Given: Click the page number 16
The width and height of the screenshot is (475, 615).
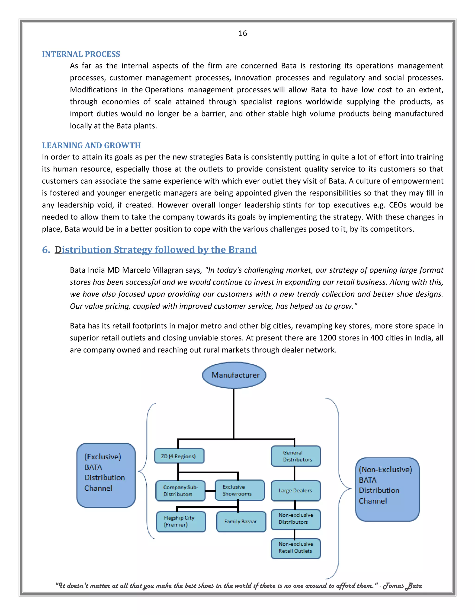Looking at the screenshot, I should [x=243, y=33].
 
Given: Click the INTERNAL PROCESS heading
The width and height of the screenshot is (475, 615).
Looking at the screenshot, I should [x=81, y=54].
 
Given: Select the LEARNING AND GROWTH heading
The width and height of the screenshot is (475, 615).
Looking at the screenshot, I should [x=91, y=145].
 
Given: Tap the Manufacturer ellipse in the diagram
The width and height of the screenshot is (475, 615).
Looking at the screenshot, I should [x=234, y=375].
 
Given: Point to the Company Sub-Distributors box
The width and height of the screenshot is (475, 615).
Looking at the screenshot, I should [x=180, y=491].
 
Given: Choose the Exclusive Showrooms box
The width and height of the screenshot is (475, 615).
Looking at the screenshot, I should [x=239, y=490].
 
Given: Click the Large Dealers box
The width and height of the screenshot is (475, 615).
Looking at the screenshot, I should [x=295, y=491].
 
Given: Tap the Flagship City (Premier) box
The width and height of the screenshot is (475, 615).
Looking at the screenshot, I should [x=181, y=521].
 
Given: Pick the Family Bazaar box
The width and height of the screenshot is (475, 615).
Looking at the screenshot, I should [x=241, y=521].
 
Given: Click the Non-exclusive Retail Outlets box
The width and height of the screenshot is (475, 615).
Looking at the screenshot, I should [x=295, y=547].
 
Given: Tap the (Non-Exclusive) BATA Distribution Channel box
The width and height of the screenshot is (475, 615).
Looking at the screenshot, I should [x=387, y=489].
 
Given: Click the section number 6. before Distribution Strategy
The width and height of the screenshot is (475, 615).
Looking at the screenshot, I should [x=46, y=250].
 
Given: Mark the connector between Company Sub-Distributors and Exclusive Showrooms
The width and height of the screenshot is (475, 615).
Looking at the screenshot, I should [x=210, y=491].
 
